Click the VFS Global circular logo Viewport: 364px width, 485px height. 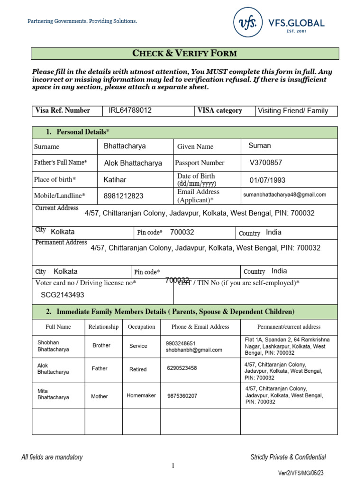point(247,23)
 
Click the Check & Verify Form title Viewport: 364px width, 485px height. point(185,53)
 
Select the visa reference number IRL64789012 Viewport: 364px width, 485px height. point(130,110)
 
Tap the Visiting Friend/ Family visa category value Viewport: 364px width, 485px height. point(292,111)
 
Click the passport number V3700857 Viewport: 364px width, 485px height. point(266,162)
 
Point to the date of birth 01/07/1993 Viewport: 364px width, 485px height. point(267,180)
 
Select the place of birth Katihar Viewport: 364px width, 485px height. point(115,180)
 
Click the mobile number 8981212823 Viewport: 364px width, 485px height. point(123,196)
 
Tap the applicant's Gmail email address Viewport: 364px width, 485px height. point(285,195)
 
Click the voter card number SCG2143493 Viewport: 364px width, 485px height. point(62,295)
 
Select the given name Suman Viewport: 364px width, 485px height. point(260,145)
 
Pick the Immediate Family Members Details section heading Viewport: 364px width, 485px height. point(175,312)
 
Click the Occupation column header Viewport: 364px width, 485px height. point(141,327)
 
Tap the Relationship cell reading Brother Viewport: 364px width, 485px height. point(101,346)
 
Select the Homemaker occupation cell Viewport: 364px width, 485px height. point(141,395)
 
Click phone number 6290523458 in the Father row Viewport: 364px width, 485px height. point(182,368)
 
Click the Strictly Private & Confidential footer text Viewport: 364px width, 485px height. point(288,457)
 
